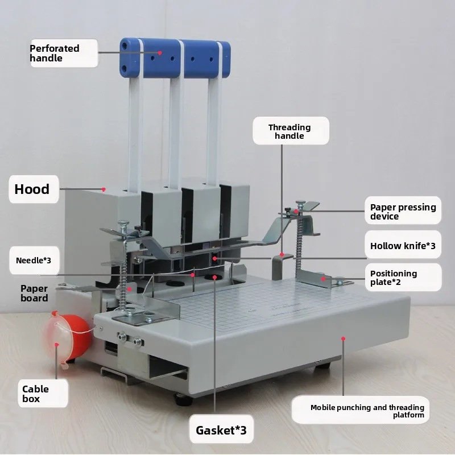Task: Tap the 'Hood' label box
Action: pyautogui.click(x=34, y=189)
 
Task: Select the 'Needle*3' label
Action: pyautogui.click(x=34, y=260)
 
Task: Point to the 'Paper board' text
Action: pyautogui.click(x=34, y=293)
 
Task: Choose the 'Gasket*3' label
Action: pyautogui.click(x=221, y=429)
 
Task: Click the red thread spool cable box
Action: pyautogui.click(x=69, y=337)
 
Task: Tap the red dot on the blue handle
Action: pyautogui.click(x=160, y=53)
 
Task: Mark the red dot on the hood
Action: pyautogui.click(x=104, y=189)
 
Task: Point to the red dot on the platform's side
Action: pyautogui.click(x=344, y=338)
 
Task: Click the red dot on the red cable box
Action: pyautogui.click(x=57, y=345)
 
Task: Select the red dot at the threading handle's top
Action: pyautogui.click(x=282, y=254)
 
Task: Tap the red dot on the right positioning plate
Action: pyautogui.click(x=323, y=279)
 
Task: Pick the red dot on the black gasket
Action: pyautogui.click(x=215, y=278)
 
